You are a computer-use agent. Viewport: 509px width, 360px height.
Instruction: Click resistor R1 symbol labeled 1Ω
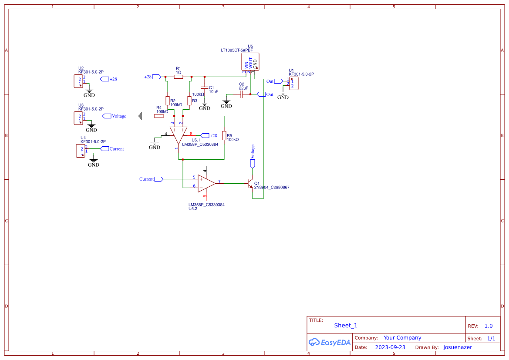178,77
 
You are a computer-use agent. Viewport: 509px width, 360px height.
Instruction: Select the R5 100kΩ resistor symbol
224,135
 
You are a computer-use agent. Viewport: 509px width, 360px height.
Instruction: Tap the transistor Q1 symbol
250,183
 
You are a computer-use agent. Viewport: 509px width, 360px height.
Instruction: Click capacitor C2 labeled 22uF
241,94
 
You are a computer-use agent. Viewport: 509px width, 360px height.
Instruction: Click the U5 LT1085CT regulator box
250,62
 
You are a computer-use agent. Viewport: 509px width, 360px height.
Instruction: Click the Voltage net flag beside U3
107,116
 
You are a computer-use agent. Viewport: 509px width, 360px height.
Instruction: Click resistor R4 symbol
159,116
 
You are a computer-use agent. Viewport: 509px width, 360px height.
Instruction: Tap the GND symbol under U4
94,162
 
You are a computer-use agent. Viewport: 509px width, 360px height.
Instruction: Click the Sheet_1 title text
346,325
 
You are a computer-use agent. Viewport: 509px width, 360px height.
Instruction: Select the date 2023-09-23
390,347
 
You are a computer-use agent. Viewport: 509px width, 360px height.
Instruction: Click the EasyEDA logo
330,342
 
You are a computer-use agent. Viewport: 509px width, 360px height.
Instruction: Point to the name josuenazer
458,347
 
